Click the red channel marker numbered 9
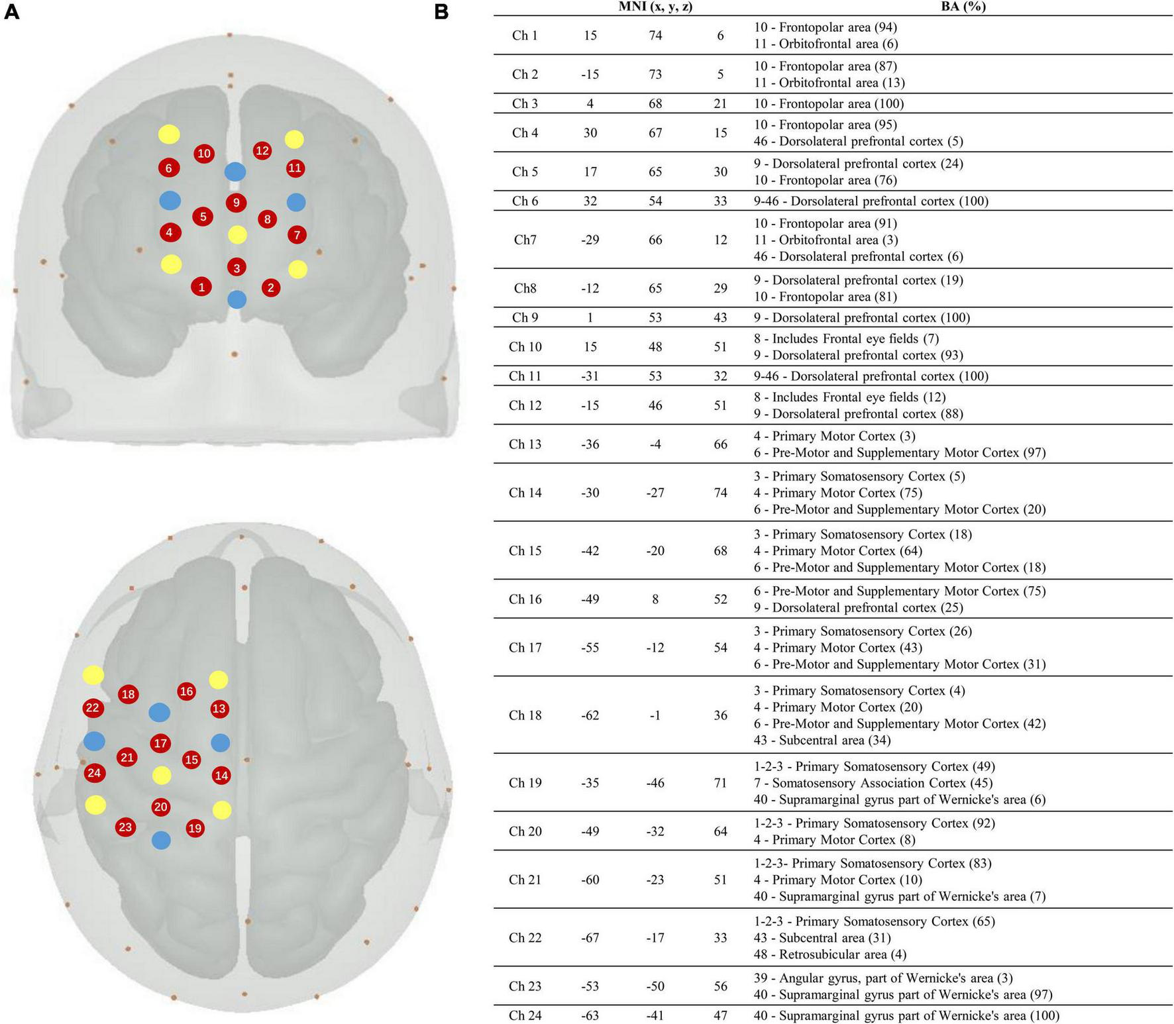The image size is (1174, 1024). tap(236, 203)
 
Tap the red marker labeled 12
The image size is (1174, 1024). tap(262, 150)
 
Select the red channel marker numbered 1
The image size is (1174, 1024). tap(201, 287)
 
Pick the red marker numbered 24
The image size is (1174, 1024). tap(94, 772)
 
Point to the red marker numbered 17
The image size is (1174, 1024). tap(160, 743)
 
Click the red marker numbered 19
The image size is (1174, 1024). tap(195, 828)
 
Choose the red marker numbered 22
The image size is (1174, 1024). tap(93, 708)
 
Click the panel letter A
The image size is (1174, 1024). tap(11, 13)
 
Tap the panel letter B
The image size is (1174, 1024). tap(441, 13)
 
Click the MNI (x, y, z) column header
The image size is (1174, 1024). tap(655, 7)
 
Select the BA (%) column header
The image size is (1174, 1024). tap(963, 7)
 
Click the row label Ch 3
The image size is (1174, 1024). tap(525, 103)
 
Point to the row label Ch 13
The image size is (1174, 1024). tap(525, 444)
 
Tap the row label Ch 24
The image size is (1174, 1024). tap(525, 1015)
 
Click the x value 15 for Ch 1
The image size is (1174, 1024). tap(590, 35)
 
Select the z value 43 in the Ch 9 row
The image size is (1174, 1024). tap(720, 317)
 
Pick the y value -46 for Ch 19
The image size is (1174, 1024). tap(655, 783)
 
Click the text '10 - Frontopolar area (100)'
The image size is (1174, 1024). tap(828, 103)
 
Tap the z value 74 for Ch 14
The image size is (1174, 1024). tap(720, 493)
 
